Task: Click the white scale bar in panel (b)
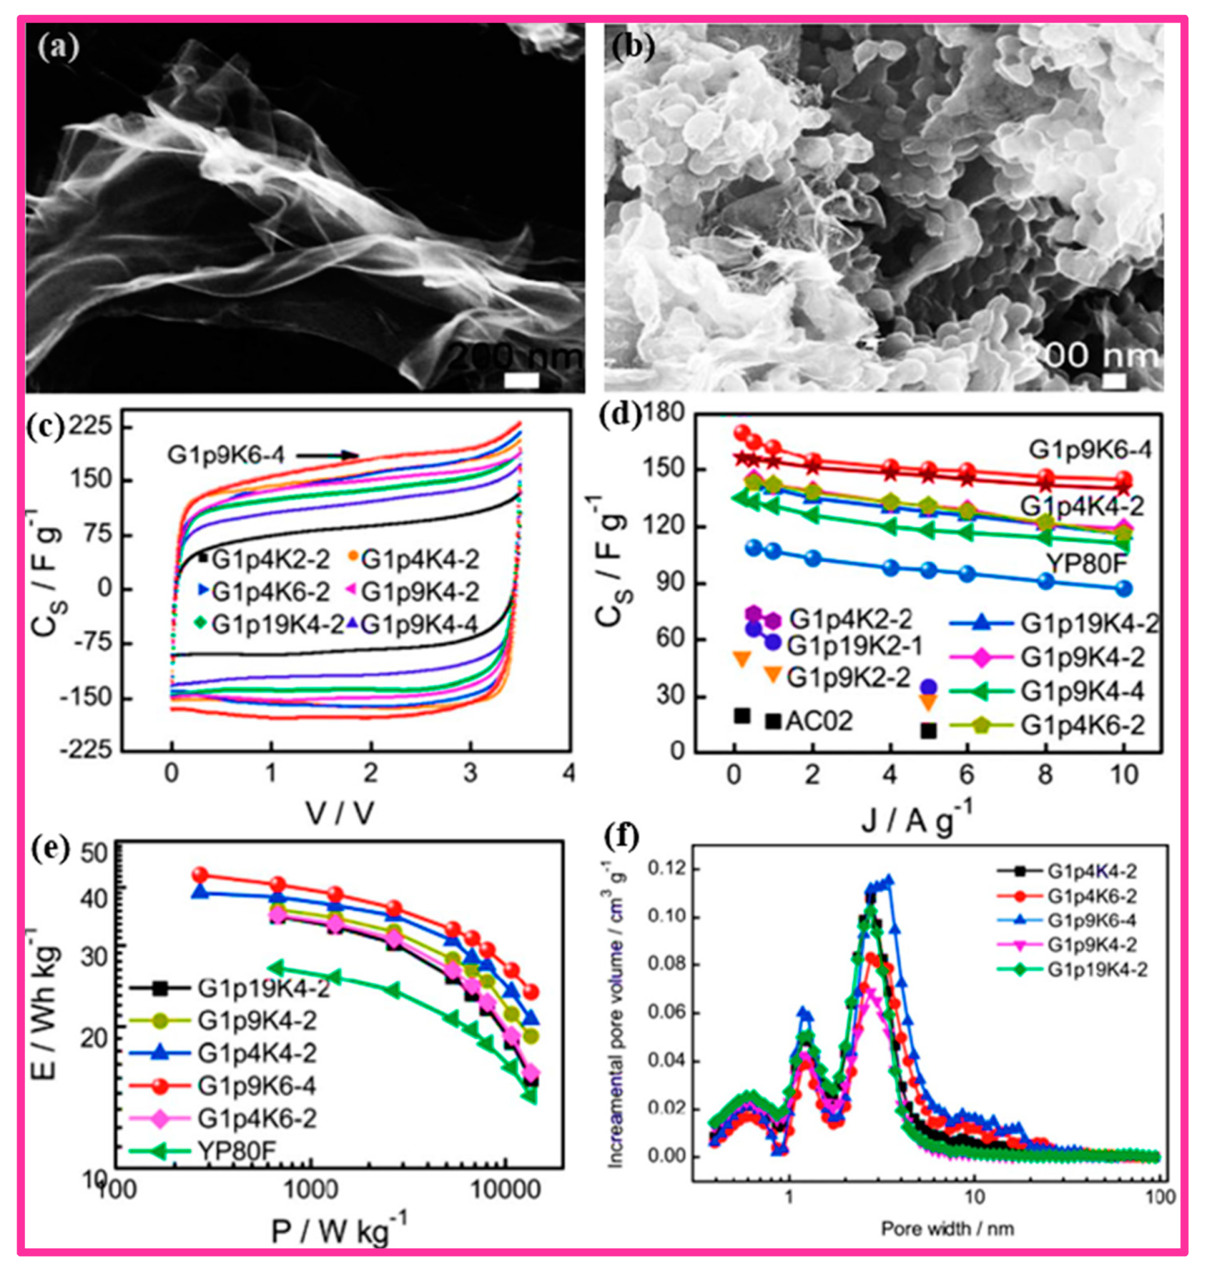[x=1115, y=381]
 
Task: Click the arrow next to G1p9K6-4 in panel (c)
[x=328, y=455]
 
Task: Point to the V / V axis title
[x=339, y=814]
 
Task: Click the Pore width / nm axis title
[x=947, y=1229]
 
